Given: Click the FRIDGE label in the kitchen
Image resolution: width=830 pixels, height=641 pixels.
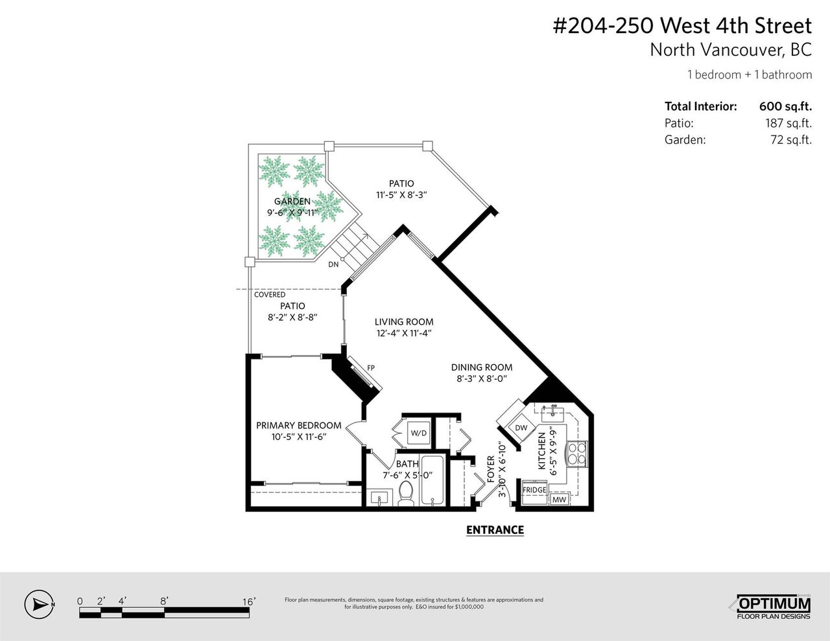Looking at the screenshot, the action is pos(534,490).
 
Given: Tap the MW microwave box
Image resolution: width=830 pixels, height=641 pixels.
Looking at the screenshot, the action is pos(559,499).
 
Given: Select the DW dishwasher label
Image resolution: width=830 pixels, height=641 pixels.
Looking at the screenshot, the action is pos(521,428).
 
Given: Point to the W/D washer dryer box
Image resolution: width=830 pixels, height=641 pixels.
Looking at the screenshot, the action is pos(419,434).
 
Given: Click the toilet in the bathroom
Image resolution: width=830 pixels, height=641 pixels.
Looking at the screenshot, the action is pos(405,493).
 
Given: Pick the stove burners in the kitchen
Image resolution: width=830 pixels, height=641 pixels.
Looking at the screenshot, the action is pos(576,454).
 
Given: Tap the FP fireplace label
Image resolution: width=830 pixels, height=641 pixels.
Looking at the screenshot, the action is pos(371,367).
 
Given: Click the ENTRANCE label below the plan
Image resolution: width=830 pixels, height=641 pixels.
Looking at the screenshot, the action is pos(495,530).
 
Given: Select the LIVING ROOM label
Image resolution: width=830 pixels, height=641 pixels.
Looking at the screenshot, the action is pos(404,322).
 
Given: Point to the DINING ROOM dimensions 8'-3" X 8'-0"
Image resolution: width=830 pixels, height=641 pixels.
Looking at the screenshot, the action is pos(481,379).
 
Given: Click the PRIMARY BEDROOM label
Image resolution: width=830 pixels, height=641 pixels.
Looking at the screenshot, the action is pos(299,425).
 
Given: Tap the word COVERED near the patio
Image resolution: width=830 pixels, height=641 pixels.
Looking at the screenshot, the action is pos(270,295).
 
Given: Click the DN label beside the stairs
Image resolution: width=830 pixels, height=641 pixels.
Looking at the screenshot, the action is pos(333,264).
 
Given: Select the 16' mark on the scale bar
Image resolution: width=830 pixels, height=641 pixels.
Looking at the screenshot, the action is pos(249,601).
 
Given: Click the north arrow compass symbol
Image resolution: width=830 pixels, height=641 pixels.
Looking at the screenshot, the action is pos(38,604).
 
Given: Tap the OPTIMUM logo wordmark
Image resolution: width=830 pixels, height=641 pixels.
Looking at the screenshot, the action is pos(774,604).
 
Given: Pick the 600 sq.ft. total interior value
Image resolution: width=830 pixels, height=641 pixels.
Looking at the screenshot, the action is pos(785,106).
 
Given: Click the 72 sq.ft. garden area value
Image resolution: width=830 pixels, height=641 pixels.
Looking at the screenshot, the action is pos(791,140).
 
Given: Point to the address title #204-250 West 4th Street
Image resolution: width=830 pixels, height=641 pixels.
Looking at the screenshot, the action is pos(682,26).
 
